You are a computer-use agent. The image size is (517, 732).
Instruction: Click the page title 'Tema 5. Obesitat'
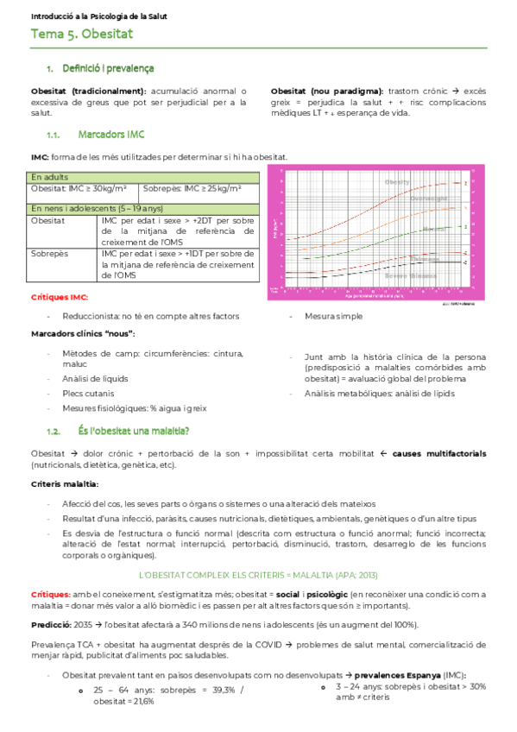coord(81,35)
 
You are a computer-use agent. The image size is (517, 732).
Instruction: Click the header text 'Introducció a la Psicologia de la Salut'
coord(98,16)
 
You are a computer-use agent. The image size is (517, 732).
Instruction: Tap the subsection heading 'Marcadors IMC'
coord(110,135)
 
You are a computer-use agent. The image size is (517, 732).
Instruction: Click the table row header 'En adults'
coord(51,176)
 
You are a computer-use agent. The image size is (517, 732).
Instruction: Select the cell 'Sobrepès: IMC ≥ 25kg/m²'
coord(192,187)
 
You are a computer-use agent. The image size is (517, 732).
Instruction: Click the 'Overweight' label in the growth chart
coord(428,199)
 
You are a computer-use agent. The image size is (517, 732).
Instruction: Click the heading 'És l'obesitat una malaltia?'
coord(133,431)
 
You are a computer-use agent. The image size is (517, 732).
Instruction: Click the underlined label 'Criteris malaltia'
coord(64,483)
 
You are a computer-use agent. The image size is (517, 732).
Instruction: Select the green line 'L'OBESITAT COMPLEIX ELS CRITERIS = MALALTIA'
coord(258,574)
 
